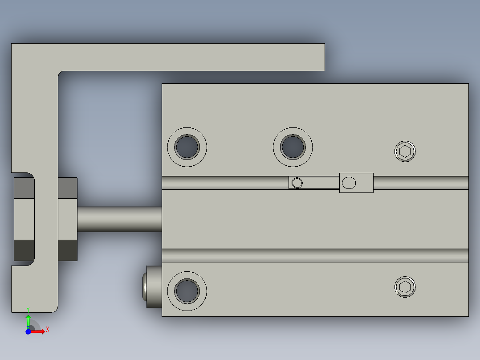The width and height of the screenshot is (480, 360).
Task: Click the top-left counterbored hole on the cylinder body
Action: click(x=187, y=147)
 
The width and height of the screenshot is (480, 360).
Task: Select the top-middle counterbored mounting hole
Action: click(x=293, y=147)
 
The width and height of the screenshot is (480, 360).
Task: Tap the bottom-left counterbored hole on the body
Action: click(x=187, y=291)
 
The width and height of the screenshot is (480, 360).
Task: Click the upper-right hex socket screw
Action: click(x=405, y=151)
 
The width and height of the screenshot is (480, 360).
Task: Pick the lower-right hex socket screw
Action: click(x=405, y=287)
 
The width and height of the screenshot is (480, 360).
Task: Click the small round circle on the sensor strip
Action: click(x=297, y=183)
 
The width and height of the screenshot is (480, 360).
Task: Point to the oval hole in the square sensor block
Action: click(x=350, y=183)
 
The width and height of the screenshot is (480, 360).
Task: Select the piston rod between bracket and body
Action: click(x=119, y=219)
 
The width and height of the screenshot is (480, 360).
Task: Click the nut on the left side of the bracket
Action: click(x=24, y=219)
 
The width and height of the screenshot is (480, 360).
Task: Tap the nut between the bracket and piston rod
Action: click(x=67, y=219)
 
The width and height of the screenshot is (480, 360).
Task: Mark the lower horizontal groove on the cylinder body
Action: click(x=315, y=255)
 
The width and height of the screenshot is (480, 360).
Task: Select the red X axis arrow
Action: click(x=39, y=331)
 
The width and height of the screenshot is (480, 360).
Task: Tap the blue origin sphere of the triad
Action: click(x=28, y=331)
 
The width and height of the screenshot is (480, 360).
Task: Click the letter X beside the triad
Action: click(x=47, y=329)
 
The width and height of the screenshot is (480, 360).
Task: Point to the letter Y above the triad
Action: click(x=28, y=309)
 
